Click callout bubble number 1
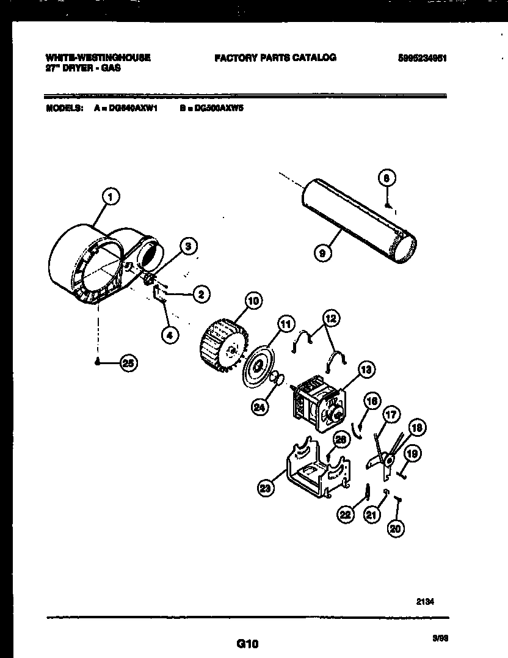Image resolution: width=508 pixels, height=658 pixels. point(110,196)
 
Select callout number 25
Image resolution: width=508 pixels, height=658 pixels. point(128,363)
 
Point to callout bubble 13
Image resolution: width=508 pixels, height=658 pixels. point(366,368)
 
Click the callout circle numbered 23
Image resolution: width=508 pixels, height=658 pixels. point(266,488)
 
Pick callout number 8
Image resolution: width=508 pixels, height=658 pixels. point(386,178)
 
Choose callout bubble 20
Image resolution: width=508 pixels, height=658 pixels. point(396,529)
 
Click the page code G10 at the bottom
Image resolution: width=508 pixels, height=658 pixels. point(247,643)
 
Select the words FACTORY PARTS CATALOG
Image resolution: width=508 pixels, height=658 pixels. point(275,58)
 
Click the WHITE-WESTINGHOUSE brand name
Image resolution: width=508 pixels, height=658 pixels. point(98,58)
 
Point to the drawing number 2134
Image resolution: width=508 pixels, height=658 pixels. point(426,601)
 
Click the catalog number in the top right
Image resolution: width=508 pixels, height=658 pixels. point(424,59)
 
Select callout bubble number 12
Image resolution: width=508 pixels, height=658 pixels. point(331,318)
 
